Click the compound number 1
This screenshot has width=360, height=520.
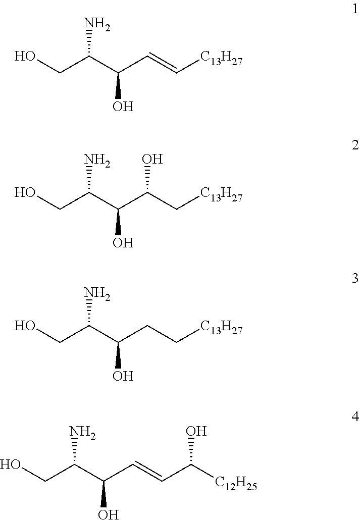click(355, 10)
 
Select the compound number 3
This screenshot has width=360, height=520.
click(355, 279)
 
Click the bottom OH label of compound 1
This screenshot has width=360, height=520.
click(123, 108)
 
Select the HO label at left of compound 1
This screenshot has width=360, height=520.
click(25, 56)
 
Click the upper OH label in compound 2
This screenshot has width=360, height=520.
click(152, 160)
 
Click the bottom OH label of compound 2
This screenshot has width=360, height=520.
click(123, 243)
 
